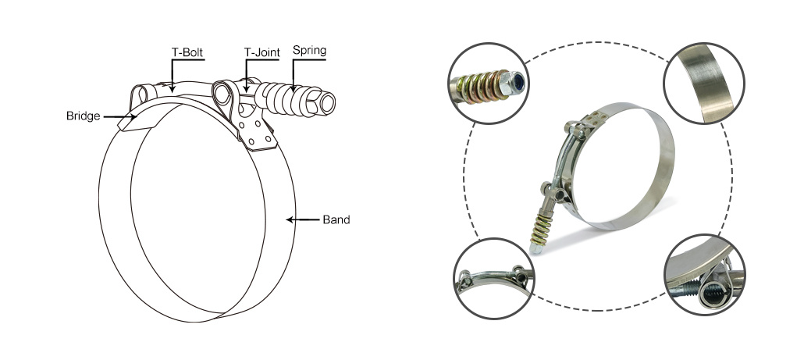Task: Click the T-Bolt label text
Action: pos(187,52)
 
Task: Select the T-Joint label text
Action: pos(262,52)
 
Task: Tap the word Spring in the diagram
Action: pos(309,50)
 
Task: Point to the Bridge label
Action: pos(83,116)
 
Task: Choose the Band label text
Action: pos(336,220)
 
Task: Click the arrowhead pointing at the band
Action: pos(290,220)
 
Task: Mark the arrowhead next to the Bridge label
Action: pos(133,117)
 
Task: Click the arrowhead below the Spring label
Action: pos(293,88)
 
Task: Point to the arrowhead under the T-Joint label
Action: pos(247,89)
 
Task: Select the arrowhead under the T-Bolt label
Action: pos(173,89)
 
